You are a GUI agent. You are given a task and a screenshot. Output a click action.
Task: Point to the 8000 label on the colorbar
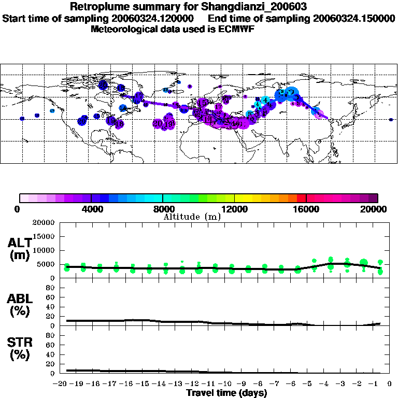point(163,209)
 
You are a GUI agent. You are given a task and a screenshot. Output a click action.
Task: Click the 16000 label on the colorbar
point(306,209)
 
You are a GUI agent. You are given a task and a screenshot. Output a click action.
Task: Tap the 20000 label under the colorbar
point(376,209)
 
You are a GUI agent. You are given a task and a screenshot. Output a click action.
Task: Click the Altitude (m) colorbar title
point(192,217)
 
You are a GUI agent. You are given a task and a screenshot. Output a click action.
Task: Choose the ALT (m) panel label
point(19,249)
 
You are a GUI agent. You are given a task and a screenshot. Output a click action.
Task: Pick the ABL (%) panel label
point(19,305)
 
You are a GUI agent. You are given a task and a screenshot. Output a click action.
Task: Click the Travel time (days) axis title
point(226,393)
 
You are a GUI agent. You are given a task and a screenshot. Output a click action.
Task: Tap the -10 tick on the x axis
point(226,384)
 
